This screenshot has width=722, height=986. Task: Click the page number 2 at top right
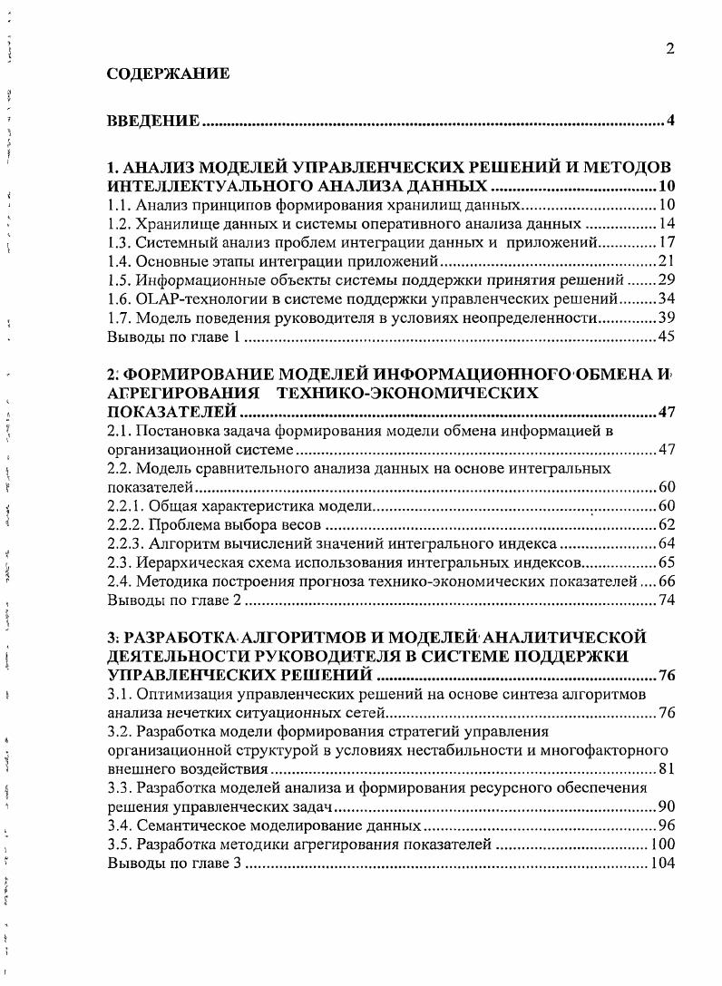pyautogui.click(x=670, y=49)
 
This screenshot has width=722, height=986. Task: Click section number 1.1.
pyautogui.click(x=119, y=205)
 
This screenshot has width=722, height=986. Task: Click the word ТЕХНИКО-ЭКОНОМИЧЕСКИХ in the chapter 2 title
pyautogui.click(x=407, y=393)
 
